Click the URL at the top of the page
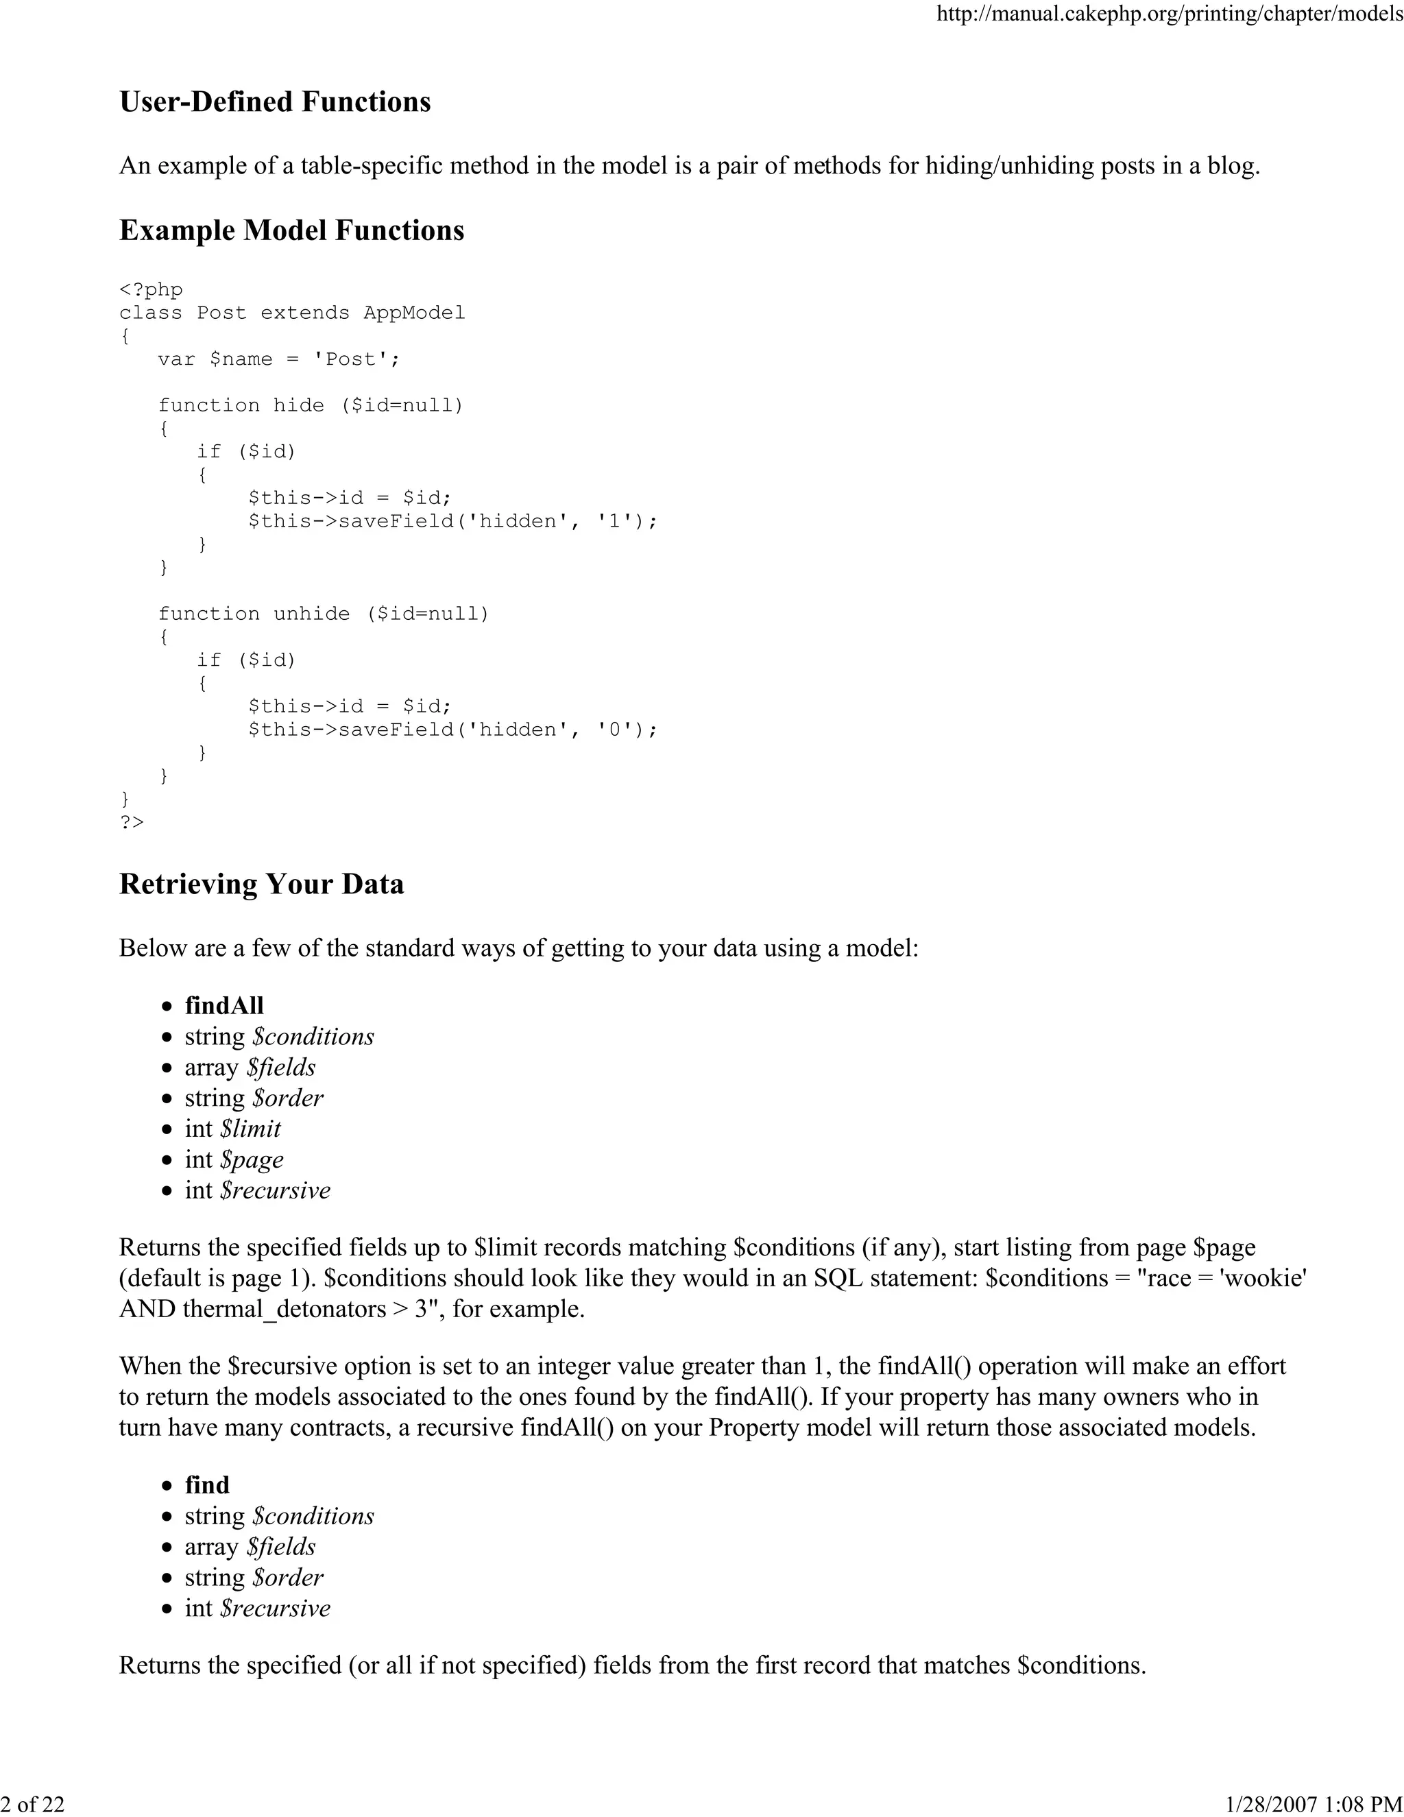click(1170, 14)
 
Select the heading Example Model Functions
click(291, 230)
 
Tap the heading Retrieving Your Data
click(261, 884)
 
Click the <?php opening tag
click(151, 289)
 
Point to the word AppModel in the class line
click(413, 313)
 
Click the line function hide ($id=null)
click(311, 405)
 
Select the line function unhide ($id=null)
click(324, 614)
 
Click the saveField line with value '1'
click(452, 521)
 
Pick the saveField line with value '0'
click(452, 730)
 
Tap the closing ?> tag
click(132, 822)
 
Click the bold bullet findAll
click(223, 1006)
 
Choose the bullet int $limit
click(232, 1129)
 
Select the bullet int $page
click(234, 1159)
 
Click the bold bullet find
click(206, 1485)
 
